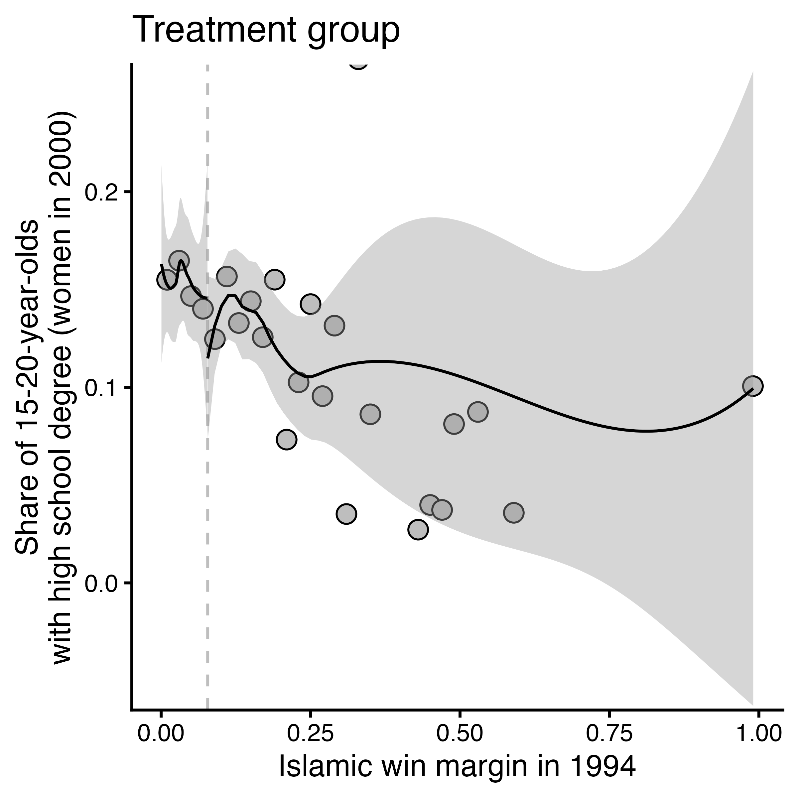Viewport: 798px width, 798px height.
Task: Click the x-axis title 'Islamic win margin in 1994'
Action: pyautogui.click(x=457, y=767)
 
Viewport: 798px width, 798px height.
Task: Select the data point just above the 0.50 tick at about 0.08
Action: pyautogui.click(x=454, y=424)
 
